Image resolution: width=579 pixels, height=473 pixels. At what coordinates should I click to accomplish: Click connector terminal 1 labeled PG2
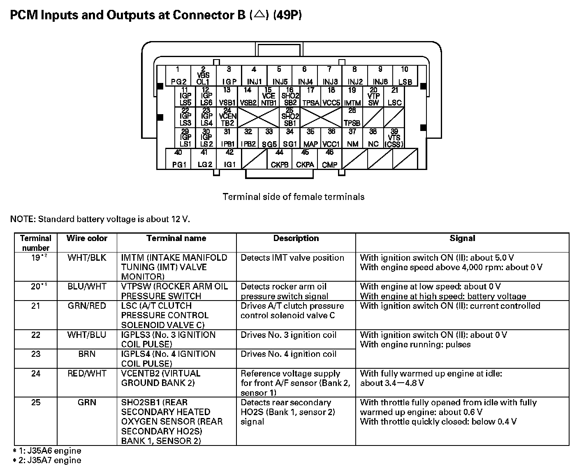coord(178,76)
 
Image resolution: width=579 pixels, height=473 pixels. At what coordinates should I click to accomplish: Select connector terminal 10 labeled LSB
coord(405,76)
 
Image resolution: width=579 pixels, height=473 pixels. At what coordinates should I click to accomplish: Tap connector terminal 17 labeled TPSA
coord(310,97)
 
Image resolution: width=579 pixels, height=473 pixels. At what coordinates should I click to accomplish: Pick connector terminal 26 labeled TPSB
coord(352,117)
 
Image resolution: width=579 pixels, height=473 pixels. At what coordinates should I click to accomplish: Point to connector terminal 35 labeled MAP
coord(310,138)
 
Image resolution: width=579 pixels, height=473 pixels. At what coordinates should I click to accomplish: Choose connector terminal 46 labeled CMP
coord(329,159)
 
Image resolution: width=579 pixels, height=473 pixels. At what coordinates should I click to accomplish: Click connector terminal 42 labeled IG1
coord(229,159)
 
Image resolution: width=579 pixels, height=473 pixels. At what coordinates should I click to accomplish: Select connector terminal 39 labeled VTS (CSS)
coord(394,138)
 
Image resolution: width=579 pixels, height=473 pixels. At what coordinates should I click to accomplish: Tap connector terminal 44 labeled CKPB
coord(280,159)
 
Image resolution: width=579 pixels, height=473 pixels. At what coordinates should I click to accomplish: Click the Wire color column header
coord(87,239)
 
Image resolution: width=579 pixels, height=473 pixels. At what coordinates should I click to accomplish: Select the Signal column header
coord(462,239)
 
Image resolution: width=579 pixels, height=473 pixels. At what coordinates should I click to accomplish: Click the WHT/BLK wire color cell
coord(87,258)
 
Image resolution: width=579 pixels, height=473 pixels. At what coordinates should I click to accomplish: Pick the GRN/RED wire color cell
coord(87,306)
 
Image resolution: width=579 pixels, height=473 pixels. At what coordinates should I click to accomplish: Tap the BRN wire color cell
coord(87,354)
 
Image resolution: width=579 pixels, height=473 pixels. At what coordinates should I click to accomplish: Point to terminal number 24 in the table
coord(36,374)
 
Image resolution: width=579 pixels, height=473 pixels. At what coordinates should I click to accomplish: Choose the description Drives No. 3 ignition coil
coord(288,335)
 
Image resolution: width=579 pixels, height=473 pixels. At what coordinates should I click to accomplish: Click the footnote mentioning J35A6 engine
coord(47,451)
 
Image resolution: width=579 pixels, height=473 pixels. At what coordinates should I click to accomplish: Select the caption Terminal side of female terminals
coord(293,197)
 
